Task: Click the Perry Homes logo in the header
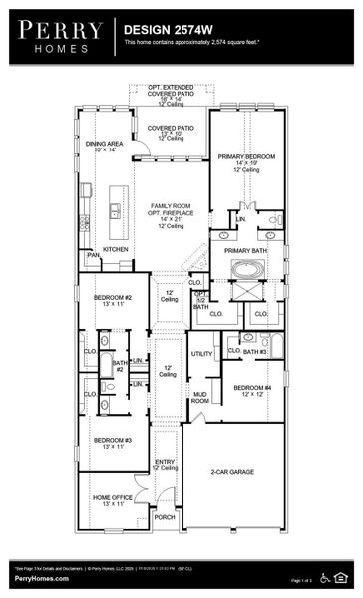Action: point(58,35)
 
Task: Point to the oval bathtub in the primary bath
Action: point(244,268)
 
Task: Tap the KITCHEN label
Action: point(116,249)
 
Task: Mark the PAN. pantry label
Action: point(93,255)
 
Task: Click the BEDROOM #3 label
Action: point(113,441)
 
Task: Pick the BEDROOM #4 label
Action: point(253,389)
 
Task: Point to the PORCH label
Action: point(165,517)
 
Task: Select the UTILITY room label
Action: point(201,354)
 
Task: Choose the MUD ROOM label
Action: point(200,397)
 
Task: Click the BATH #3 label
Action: point(255,352)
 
